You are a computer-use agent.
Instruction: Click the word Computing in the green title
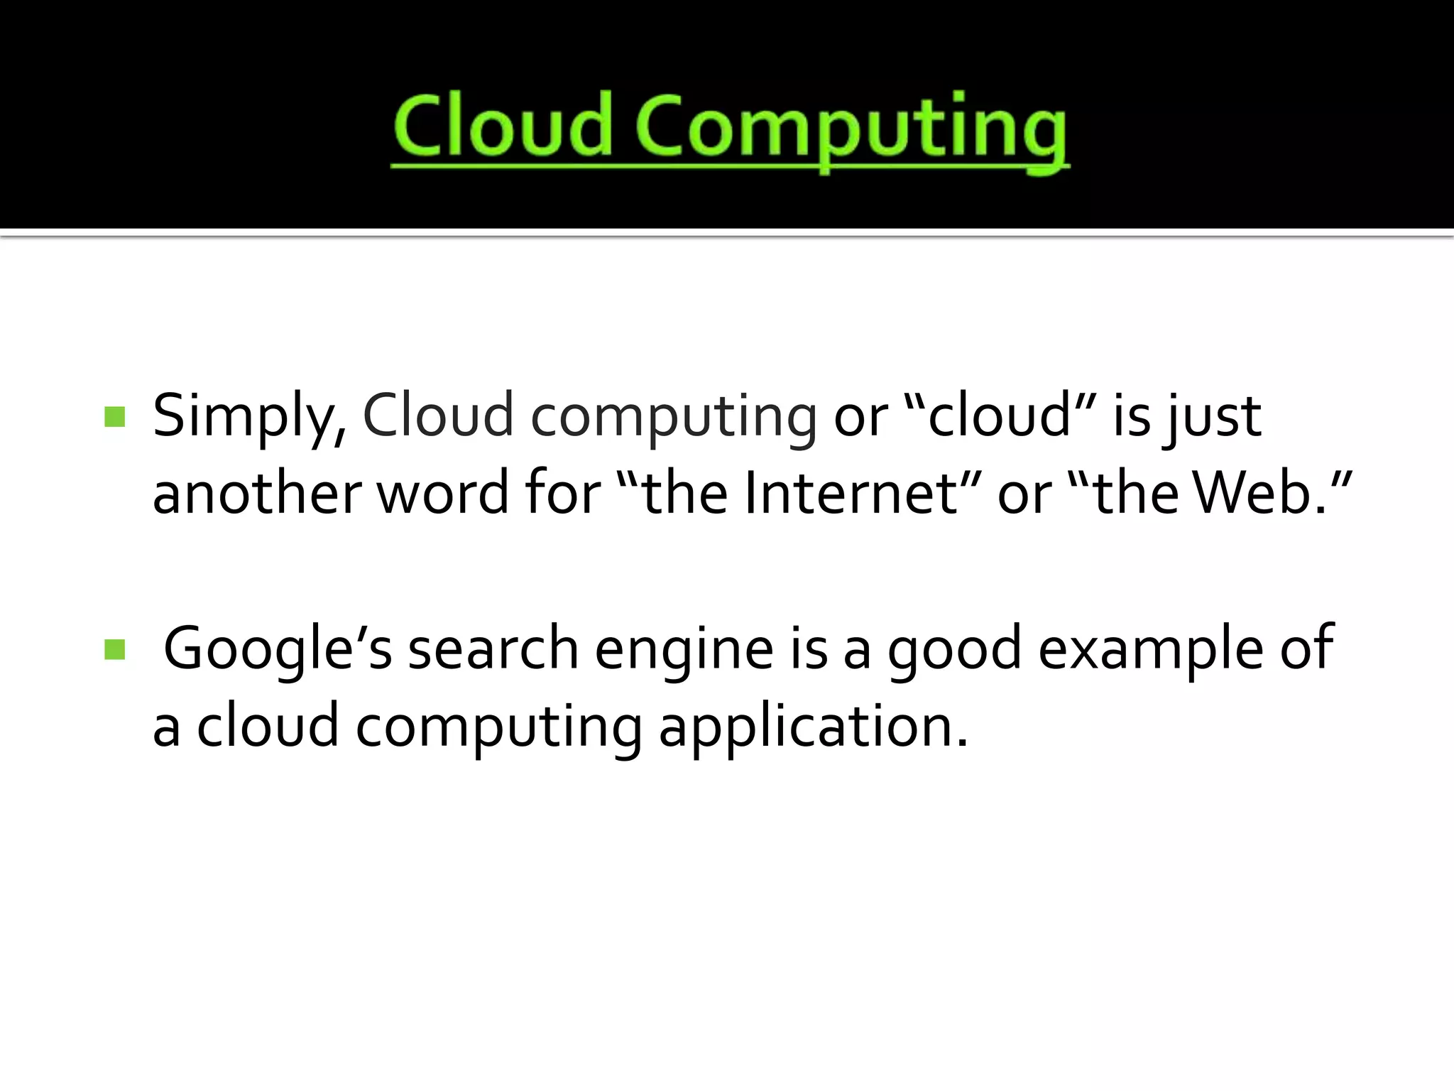(852, 128)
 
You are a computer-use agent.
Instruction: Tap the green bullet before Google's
(114, 649)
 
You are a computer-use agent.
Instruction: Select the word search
(493, 649)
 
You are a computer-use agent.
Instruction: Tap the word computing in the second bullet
(498, 729)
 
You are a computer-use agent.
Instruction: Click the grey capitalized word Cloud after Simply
(437, 416)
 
